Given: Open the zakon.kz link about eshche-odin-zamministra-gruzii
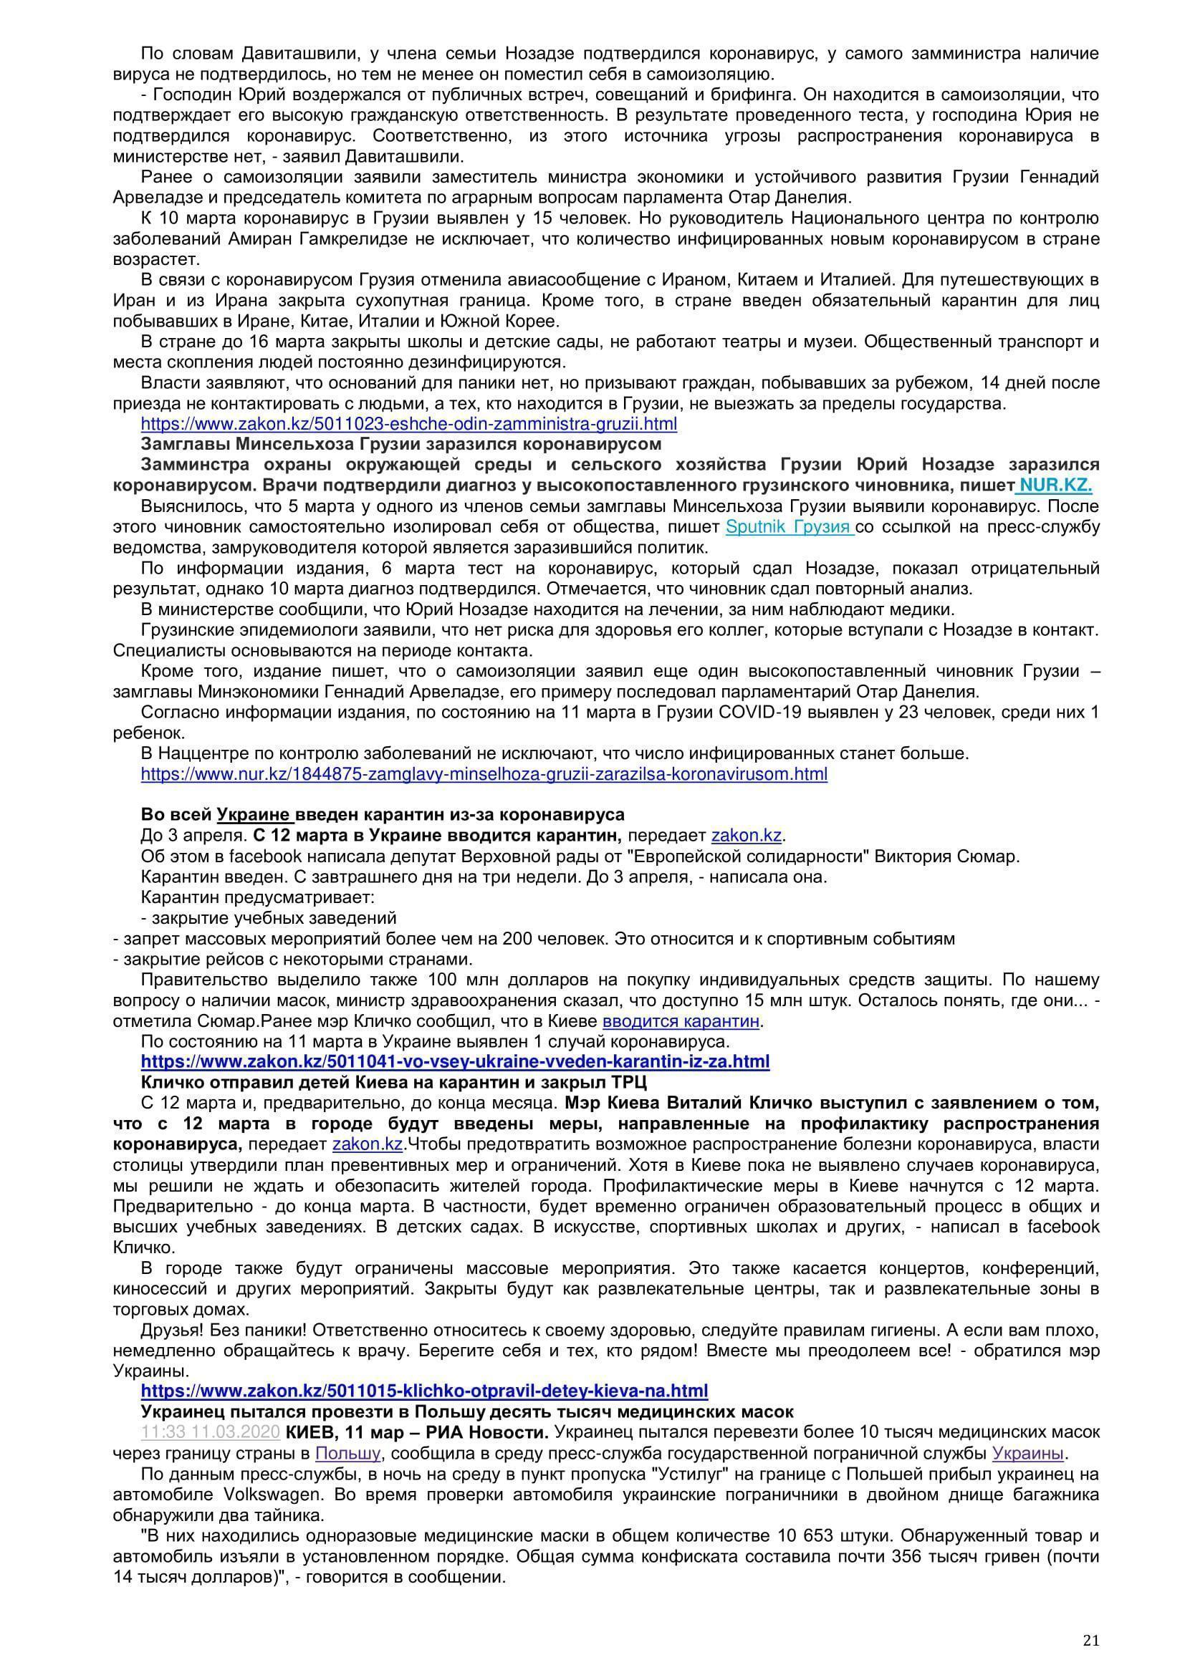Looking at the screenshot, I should point(408,424).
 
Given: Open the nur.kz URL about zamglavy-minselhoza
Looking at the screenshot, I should point(484,774).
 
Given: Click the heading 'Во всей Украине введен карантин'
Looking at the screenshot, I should point(383,815).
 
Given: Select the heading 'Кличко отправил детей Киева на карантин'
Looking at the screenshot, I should point(394,1082).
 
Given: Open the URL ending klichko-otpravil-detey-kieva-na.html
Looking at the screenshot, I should point(424,1391).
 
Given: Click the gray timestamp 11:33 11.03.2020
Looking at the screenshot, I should point(210,1432).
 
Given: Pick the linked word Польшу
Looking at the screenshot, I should point(348,1453).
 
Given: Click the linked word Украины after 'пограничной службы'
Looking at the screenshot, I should point(1028,1453).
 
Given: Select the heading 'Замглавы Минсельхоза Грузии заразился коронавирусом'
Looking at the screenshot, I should point(401,444).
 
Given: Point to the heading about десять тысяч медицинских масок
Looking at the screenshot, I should point(467,1411).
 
